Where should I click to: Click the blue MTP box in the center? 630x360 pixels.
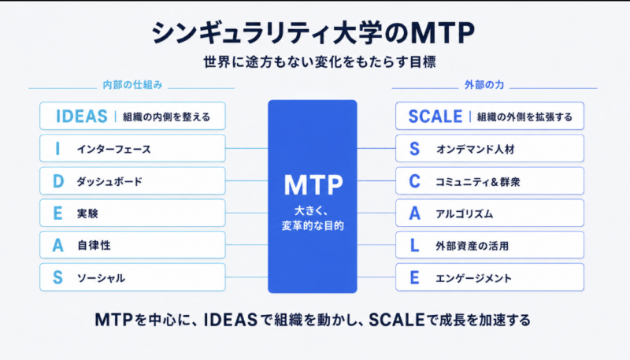coord(312,196)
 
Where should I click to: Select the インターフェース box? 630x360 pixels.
coord(132,149)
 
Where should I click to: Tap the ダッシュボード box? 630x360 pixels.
coord(132,181)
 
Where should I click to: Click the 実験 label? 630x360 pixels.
coord(87,213)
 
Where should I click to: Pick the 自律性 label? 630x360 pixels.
coord(94,245)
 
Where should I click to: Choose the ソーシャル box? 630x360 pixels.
coord(132,277)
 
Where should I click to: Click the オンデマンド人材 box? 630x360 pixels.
coord(490,149)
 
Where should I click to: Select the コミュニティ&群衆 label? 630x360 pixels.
coord(478,182)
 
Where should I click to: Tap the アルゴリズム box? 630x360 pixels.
coord(490,213)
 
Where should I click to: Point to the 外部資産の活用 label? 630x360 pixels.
coord(472,246)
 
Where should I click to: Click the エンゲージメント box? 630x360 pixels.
coord(490,277)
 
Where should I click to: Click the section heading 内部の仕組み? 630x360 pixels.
coord(132,85)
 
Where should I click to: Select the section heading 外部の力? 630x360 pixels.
coord(484,85)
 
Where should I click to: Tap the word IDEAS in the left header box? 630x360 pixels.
coord(82,117)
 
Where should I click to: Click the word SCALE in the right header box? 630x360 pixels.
coord(435,117)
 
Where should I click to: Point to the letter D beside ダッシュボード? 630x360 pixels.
coord(58,181)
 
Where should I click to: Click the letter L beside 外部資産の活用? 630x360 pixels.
coord(415,246)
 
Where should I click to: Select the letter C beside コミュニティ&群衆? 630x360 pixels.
coord(415,181)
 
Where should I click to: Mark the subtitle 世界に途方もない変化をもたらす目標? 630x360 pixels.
coord(320,62)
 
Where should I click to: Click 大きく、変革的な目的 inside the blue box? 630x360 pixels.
coord(313,218)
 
